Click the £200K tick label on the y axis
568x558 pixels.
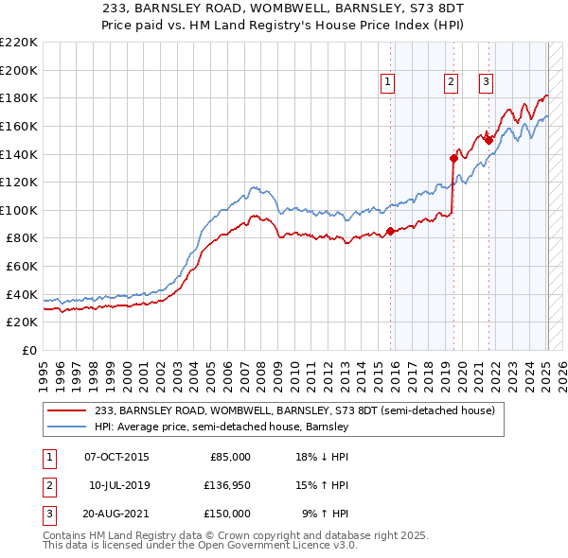point(19,70)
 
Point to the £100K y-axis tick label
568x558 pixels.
point(19,210)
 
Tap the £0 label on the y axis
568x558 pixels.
point(29,350)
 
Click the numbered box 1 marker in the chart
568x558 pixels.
point(389,83)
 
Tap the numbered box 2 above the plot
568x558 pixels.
point(451,83)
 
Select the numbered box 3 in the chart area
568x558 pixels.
point(486,83)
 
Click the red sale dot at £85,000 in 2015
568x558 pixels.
point(390,231)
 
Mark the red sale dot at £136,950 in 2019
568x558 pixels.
point(453,158)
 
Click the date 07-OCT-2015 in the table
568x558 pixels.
point(116,457)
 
